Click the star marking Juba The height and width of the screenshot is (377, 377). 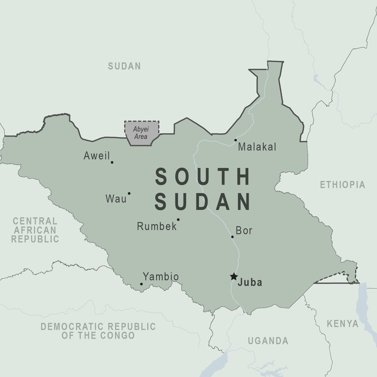click(x=234, y=276)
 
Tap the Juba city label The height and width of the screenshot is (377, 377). click(x=250, y=282)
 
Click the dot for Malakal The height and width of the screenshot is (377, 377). click(x=236, y=140)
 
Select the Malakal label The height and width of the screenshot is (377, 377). click(x=257, y=147)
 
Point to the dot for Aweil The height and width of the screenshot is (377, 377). click(x=112, y=162)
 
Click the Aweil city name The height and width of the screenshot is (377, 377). click(x=97, y=156)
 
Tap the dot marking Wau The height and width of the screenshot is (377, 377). click(x=129, y=193)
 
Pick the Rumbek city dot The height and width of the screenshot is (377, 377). click(x=178, y=219)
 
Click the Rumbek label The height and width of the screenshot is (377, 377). click(x=157, y=226)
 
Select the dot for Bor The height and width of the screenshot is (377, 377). click(x=232, y=237)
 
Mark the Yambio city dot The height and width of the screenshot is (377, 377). click(x=141, y=284)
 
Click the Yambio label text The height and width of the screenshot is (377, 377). click(x=161, y=277)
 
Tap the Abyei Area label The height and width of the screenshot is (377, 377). click(x=141, y=133)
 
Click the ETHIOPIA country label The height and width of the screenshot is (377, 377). click(x=342, y=185)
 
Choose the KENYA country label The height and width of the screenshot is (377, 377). click(x=342, y=324)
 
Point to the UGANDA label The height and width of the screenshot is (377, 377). click(x=268, y=341)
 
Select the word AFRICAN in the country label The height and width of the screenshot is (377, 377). click(x=35, y=230)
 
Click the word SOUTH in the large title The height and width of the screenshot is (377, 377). click(x=203, y=177)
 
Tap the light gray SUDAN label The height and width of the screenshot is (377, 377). click(x=124, y=66)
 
